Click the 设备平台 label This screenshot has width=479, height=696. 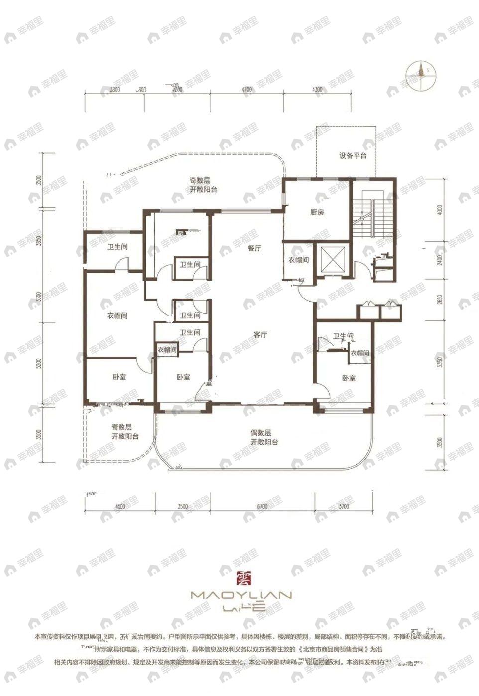click(353, 156)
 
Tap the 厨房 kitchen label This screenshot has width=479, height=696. click(317, 212)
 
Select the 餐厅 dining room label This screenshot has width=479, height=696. click(255, 248)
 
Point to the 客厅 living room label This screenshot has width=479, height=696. click(260, 335)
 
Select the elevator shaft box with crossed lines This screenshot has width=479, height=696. click(332, 259)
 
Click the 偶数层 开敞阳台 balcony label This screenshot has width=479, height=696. click(264, 437)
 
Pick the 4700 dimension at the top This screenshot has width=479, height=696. click(247, 90)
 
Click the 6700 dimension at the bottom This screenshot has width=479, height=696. click(262, 506)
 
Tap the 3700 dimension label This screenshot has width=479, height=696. click(343, 506)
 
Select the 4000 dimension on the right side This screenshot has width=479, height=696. click(439, 210)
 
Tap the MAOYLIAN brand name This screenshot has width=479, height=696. click(241, 595)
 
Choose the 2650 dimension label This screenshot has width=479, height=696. click(439, 302)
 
